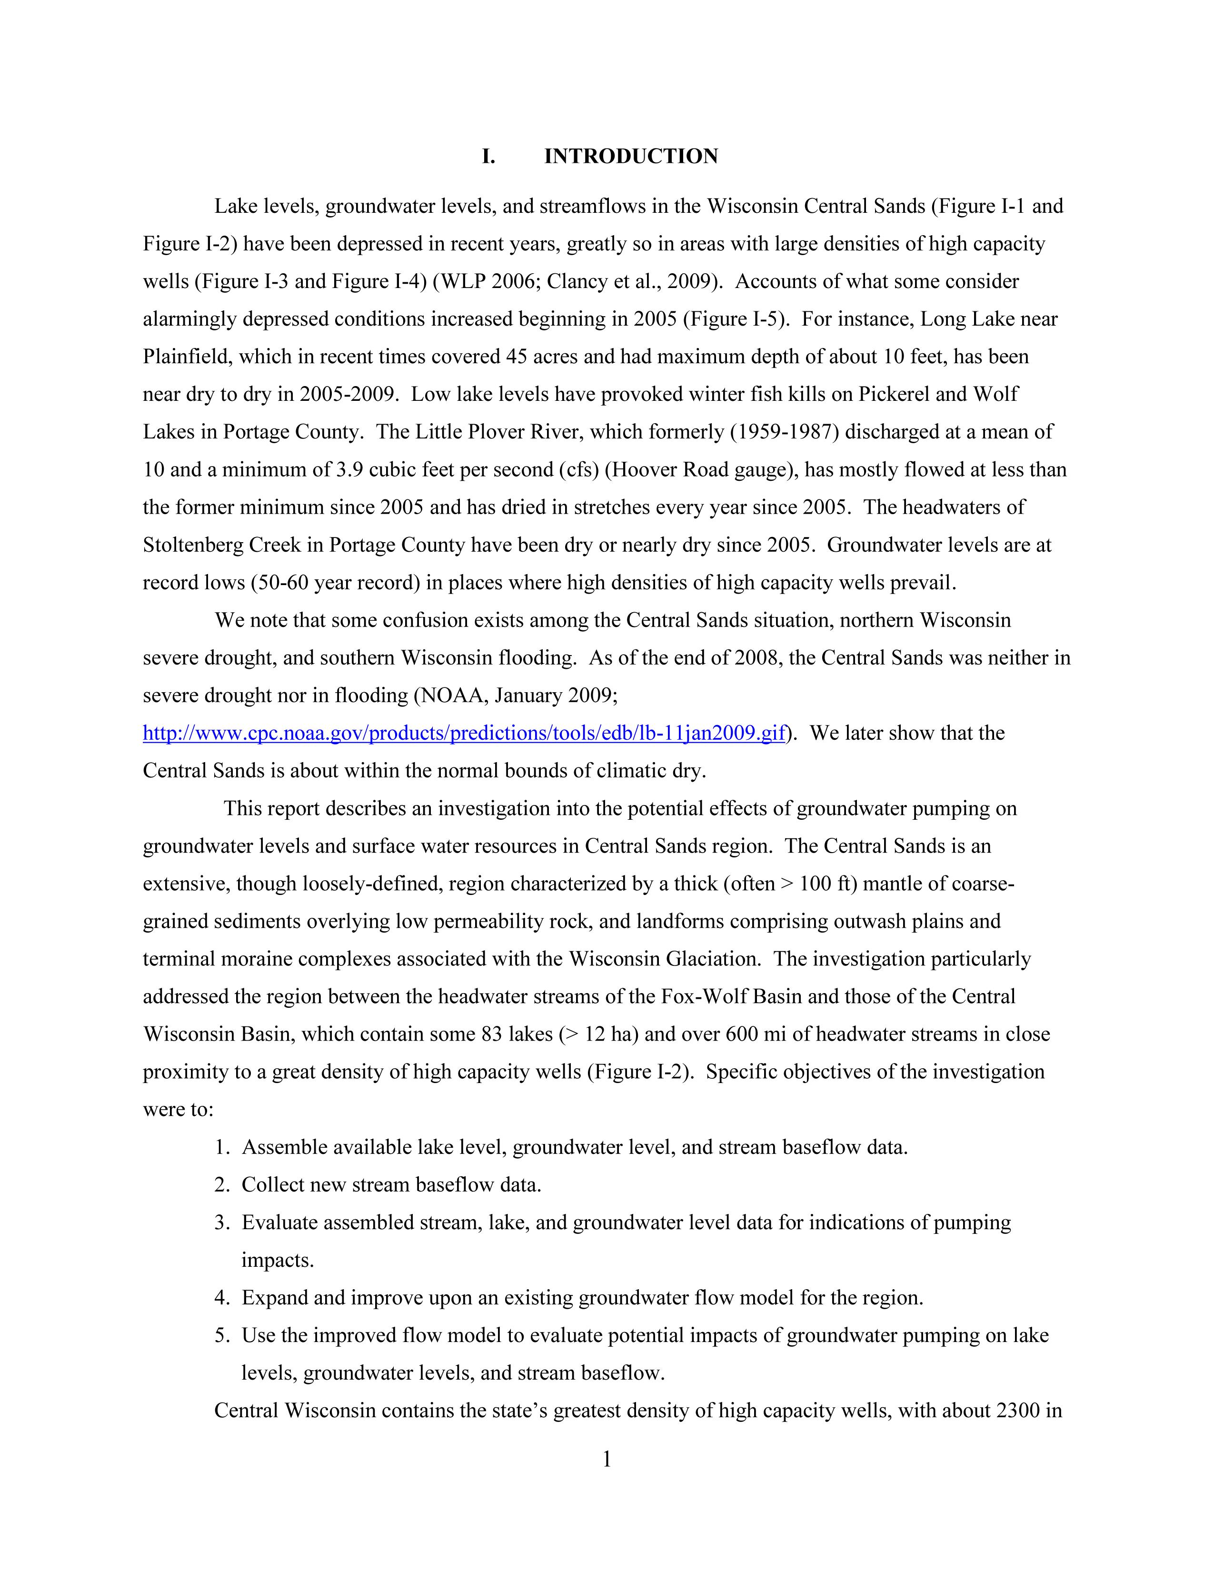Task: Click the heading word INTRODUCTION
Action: click(631, 157)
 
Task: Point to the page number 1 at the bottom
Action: click(606, 1460)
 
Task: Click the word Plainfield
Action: click(187, 357)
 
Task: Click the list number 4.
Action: click(221, 1298)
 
